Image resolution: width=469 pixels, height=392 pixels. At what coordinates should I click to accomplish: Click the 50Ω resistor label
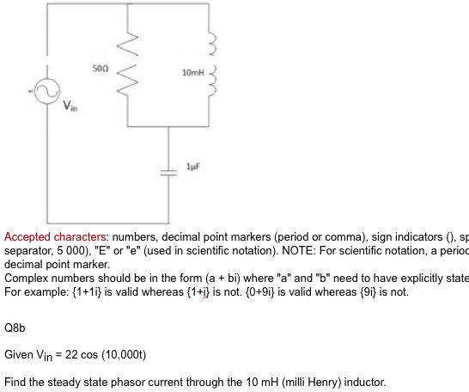[99, 65]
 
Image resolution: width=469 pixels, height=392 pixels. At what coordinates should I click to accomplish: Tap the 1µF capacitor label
[192, 166]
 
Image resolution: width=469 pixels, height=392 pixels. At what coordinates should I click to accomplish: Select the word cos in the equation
[92, 354]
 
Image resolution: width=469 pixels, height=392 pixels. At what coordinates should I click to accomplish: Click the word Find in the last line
[15, 380]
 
